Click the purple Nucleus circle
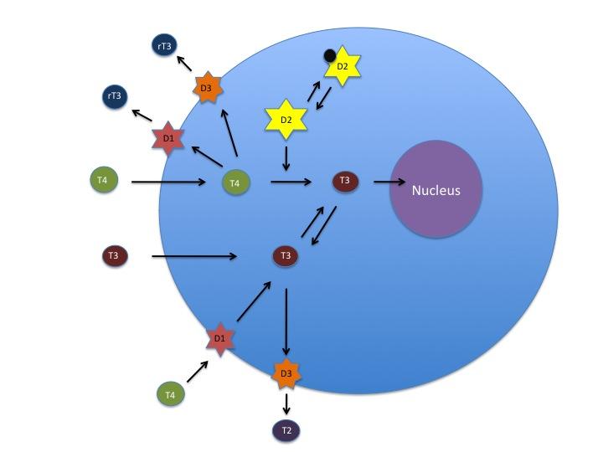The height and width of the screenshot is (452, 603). [x=435, y=190]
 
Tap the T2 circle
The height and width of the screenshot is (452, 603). [x=286, y=430]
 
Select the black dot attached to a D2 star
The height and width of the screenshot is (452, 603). [x=331, y=56]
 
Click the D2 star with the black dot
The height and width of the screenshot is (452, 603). [x=342, y=67]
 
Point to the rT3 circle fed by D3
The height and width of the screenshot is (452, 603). [x=164, y=48]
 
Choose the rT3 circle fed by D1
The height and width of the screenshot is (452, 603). [x=114, y=97]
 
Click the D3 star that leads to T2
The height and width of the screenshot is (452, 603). [x=286, y=372]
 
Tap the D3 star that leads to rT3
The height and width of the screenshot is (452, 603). [x=207, y=88]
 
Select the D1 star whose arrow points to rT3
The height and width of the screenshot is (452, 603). [x=168, y=137]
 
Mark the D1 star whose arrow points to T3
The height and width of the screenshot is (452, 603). [x=219, y=339]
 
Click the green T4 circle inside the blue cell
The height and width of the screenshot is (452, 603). [x=235, y=182]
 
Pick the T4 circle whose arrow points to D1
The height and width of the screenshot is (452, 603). [x=170, y=393]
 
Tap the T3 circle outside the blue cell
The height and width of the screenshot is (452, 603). [x=115, y=256]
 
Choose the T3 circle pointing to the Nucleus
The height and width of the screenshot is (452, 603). [x=344, y=181]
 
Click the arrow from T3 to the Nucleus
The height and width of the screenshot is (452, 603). [x=389, y=181]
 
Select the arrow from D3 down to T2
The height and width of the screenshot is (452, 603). [x=286, y=403]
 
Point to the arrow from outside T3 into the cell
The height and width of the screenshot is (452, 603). [x=193, y=256]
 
